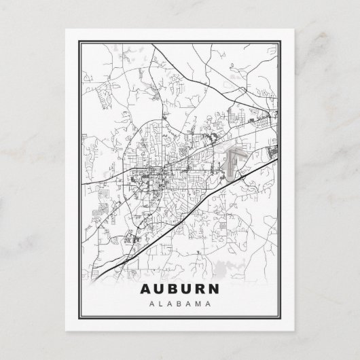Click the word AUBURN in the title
[180, 287]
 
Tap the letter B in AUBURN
[173, 287]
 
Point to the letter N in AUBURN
[218, 287]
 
